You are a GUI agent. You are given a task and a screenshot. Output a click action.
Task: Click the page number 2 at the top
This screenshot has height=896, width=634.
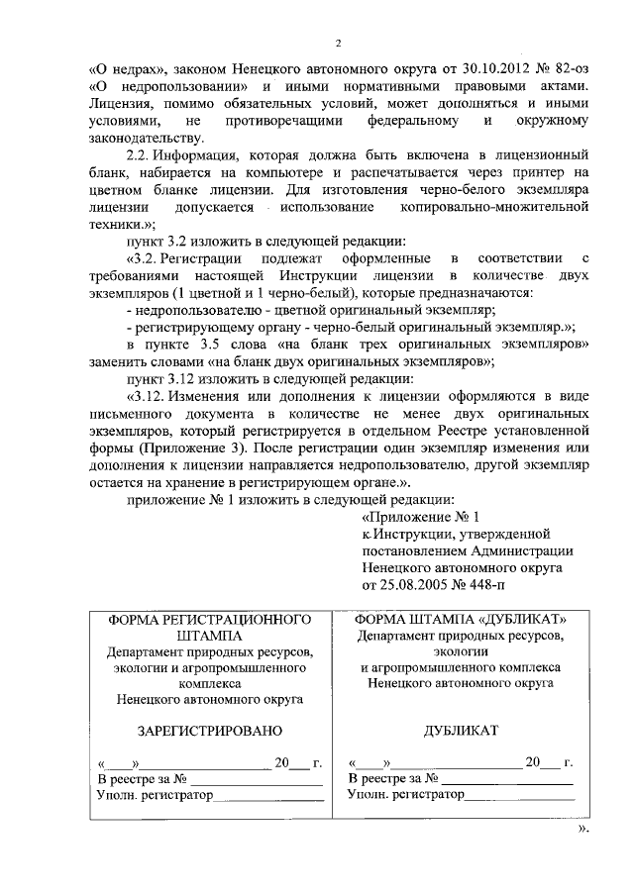point(337,44)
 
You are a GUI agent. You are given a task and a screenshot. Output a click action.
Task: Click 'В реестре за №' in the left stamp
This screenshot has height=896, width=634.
point(142,778)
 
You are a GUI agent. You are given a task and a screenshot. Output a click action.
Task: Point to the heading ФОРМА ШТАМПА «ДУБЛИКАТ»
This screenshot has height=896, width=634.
point(461,619)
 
